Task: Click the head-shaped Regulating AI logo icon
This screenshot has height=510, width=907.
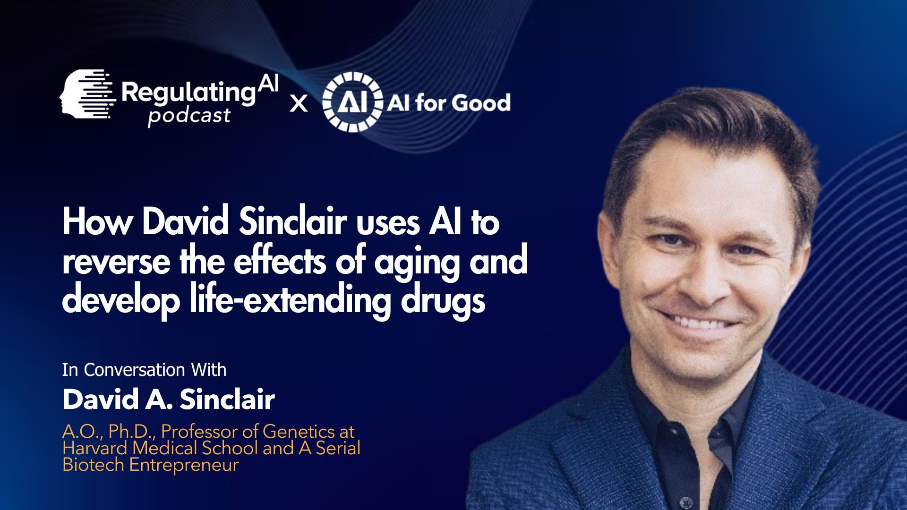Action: click(88, 93)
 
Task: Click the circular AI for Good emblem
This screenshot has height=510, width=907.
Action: click(352, 102)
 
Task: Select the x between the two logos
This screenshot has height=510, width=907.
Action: click(298, 103)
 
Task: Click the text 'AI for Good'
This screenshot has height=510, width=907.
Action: click(449, 102)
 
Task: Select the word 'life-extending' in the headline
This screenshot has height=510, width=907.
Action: click(290, 300)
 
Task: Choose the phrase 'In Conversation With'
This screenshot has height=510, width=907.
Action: click(144, 370)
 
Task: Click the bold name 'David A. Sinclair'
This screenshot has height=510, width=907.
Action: click(168, 399)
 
